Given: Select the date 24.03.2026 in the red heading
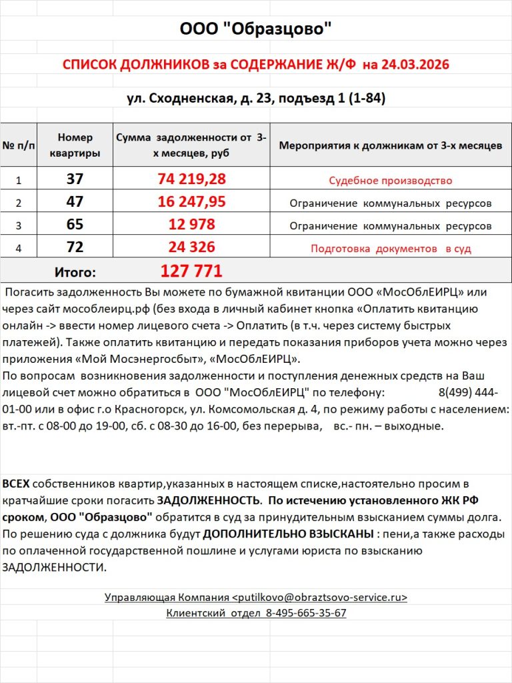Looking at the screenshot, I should [x=414, y=65].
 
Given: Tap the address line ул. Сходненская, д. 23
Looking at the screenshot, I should [x=199, y=99].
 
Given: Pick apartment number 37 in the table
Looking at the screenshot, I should [x=75, y=179].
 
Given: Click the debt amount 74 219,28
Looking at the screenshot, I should [x=191, y=179].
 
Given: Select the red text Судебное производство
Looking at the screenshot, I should [x=390, y=181].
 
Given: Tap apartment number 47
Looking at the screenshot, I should [x=75, y=202].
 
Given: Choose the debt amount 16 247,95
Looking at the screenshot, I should [x=191, y=202].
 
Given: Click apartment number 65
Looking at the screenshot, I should [x=75, y=225].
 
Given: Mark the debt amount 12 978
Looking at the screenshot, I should [x=191, y=225].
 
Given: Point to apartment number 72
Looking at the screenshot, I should [x=75, y=247].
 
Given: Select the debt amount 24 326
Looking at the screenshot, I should [x=191, y=247].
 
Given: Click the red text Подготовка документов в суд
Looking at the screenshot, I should [x=390, y=249].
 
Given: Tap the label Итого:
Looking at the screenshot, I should [x=75, y=272].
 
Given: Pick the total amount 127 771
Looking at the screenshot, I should [x=191, y=271].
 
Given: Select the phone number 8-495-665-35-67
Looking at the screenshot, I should [x=306, y=613].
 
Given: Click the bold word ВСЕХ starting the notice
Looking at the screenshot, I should [x=16, y=483].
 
